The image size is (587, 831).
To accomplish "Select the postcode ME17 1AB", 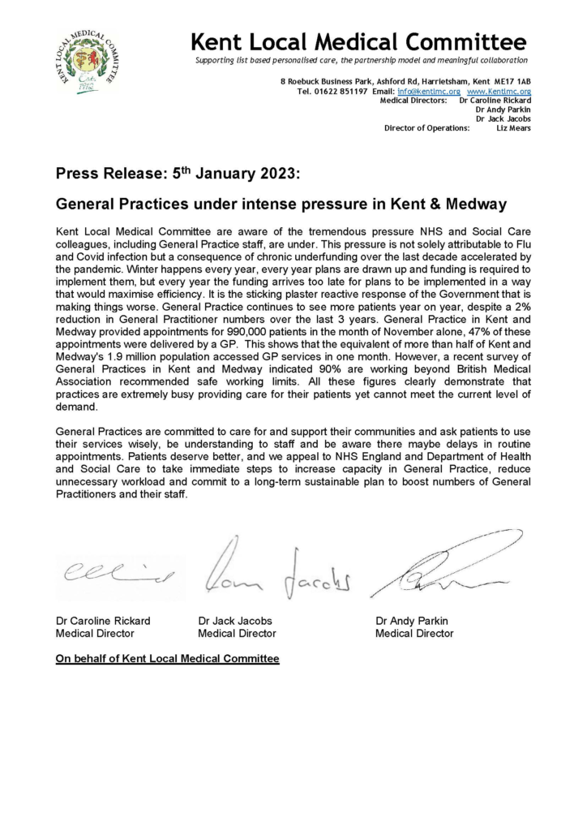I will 513,82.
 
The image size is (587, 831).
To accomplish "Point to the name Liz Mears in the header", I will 514,128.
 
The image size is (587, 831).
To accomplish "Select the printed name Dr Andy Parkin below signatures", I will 412,621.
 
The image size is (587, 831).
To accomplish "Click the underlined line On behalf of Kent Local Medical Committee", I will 167,660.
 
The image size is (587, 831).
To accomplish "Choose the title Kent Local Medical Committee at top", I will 358,41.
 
